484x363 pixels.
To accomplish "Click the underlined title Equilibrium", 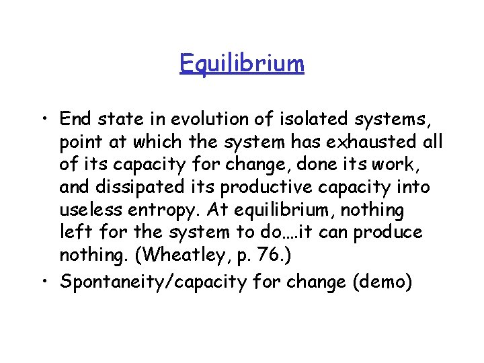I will tap(242, 64).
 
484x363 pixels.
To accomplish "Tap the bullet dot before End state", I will tap(48, 120).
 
